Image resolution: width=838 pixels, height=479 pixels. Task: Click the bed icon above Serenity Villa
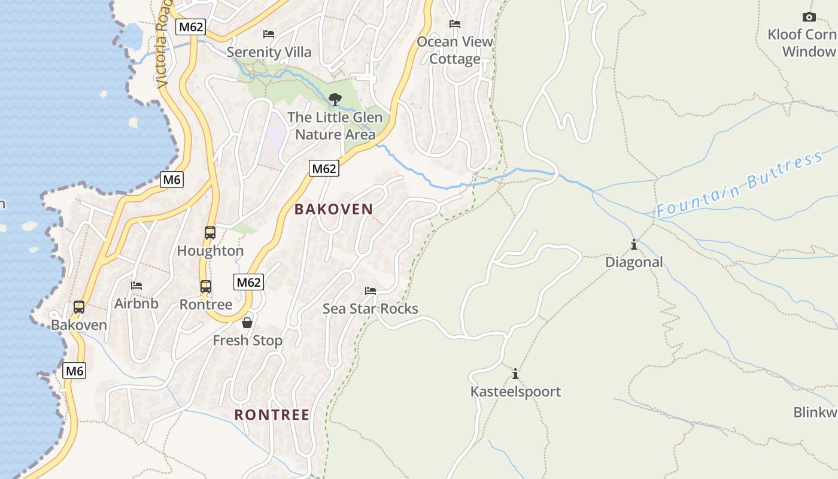point(269,34)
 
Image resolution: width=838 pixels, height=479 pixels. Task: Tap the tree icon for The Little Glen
point(335,99)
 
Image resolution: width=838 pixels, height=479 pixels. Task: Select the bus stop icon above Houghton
point(210,233)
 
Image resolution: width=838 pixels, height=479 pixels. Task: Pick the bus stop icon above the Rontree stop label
point(206,287)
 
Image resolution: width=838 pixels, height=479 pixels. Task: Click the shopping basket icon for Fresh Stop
point(247,323)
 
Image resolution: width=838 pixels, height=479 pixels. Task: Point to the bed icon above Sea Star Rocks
point(371,291)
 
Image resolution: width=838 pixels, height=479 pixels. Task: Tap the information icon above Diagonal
point(634,244)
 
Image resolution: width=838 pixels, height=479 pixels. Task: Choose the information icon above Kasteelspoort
point(515,374)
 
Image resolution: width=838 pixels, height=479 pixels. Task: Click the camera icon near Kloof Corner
point(809,17)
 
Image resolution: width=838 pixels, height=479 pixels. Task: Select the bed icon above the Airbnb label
point(136,286)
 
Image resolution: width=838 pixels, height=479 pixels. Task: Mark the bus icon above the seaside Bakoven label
point(78,307)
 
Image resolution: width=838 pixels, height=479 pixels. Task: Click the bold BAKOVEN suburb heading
point(334,209)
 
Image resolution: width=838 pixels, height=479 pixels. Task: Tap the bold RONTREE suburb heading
point(272,415)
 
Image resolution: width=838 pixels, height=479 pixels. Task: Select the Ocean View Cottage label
point(455,50)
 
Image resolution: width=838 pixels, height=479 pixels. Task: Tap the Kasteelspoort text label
point(515,392)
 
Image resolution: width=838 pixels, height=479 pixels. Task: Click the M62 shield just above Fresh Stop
point(248,282)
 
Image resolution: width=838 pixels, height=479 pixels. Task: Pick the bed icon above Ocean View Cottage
point(455,24)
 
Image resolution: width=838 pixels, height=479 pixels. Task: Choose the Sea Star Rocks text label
point(371,308)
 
